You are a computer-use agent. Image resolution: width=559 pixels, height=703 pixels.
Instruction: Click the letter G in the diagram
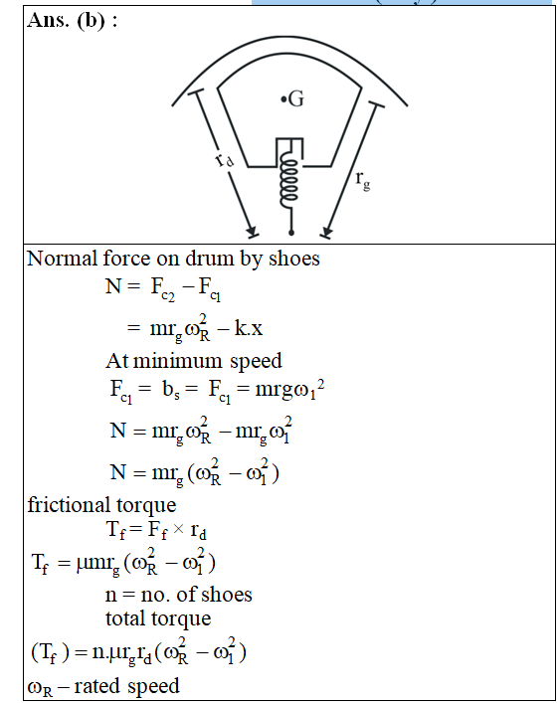pyautogui.click(x=296, y=98)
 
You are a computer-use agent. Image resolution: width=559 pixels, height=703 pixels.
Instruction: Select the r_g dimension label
pyautogui.click(x=363, y=181)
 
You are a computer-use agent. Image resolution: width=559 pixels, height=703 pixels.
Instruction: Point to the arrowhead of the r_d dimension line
pyautogui.click(x=252, y=231)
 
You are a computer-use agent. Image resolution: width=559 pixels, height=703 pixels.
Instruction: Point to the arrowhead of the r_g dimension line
pyautogui.click(x=326, y=232)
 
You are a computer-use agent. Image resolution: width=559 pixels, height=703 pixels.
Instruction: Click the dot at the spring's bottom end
pyautogui.click(x=291, y=233)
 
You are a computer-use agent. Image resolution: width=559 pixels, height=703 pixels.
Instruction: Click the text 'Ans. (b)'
pyautogui.click(x=67, y=20)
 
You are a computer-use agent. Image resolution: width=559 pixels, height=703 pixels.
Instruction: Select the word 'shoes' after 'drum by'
pyautogui.click(x=293, y=259)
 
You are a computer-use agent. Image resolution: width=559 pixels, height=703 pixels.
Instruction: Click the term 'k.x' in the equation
pyautogui.click(x=248, y=328)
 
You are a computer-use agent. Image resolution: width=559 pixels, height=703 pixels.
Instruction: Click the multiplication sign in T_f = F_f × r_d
pyautogui.click(x=178, y=529)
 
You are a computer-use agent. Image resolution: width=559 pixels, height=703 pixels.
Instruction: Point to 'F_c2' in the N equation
pyautogui.click(x=162, y=288)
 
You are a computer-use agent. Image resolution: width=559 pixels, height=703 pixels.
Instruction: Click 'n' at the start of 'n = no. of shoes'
pyautogui.click(x=110, y=596)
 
